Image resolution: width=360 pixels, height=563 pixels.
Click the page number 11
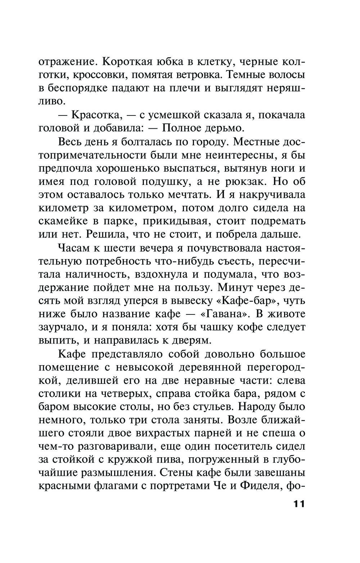[299, 504]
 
